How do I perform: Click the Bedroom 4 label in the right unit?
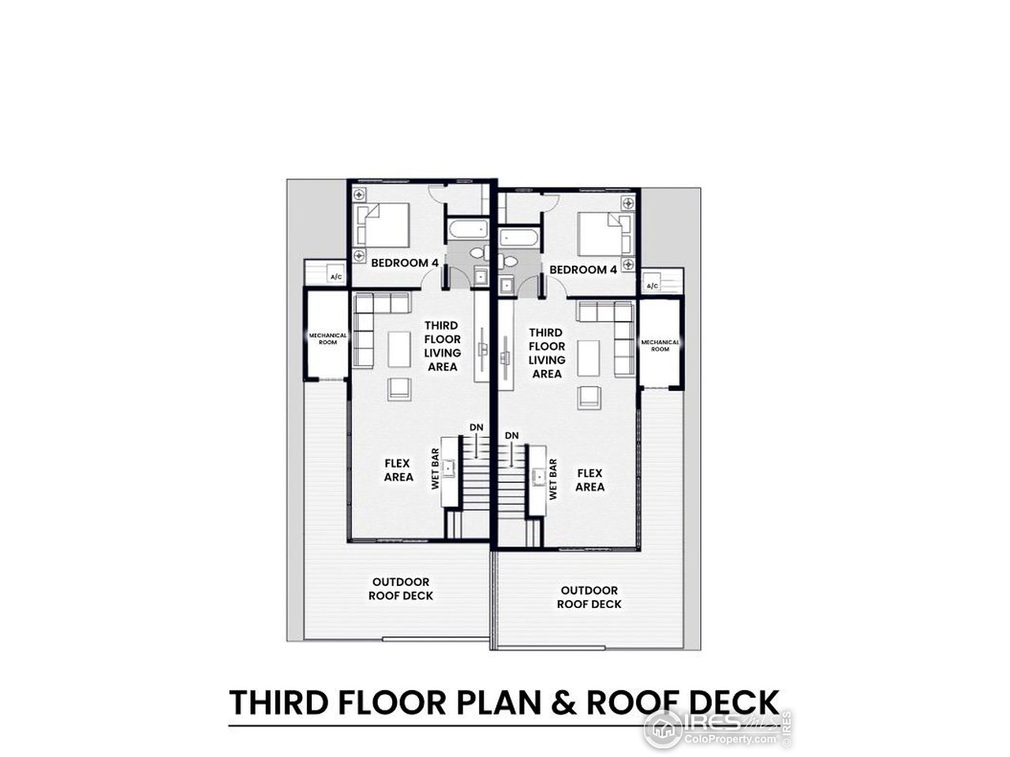tap(583, 270)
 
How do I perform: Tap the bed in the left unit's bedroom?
tap(384, 224)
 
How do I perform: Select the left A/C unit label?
tap(335, 277)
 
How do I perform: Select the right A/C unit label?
tap(653, 285)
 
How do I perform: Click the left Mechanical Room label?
tap(327, 338)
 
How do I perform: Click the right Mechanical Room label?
tap(660, 345)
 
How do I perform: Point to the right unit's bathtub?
tap(518, 237)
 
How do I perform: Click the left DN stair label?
tap(477, 427)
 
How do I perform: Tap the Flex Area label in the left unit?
tap(398, 472)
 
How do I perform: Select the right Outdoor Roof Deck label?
tap(589, 597)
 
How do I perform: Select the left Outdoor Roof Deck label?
tap(400, 588)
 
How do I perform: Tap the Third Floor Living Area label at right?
tap(546, 353)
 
